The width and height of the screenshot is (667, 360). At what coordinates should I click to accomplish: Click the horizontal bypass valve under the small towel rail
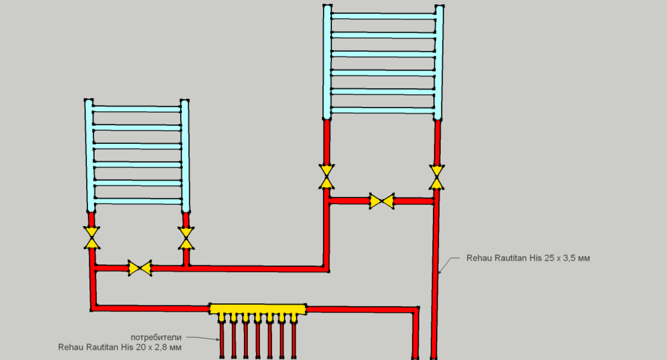(x=140, y=269)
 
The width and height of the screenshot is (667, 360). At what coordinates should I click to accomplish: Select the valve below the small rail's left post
(x=91, y=237)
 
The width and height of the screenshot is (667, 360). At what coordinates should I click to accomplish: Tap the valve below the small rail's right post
(x=186, y=237)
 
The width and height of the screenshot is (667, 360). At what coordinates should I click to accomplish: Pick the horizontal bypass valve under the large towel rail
(x=382, y=201)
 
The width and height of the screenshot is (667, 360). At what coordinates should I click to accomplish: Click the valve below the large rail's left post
(x=327, y=177)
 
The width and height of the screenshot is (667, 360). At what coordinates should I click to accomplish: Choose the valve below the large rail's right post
(x=437, y=177)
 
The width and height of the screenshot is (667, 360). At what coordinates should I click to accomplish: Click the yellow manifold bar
(x=257, y=309)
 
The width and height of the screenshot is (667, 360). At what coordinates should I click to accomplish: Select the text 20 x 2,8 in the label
(x=153, y=347)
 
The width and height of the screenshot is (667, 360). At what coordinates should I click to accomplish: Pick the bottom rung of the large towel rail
(x=382, y=109)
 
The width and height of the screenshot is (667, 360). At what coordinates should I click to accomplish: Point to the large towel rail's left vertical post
(x=327, y=63)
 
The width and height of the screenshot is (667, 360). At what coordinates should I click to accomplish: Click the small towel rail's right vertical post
(x=185, y=157)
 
